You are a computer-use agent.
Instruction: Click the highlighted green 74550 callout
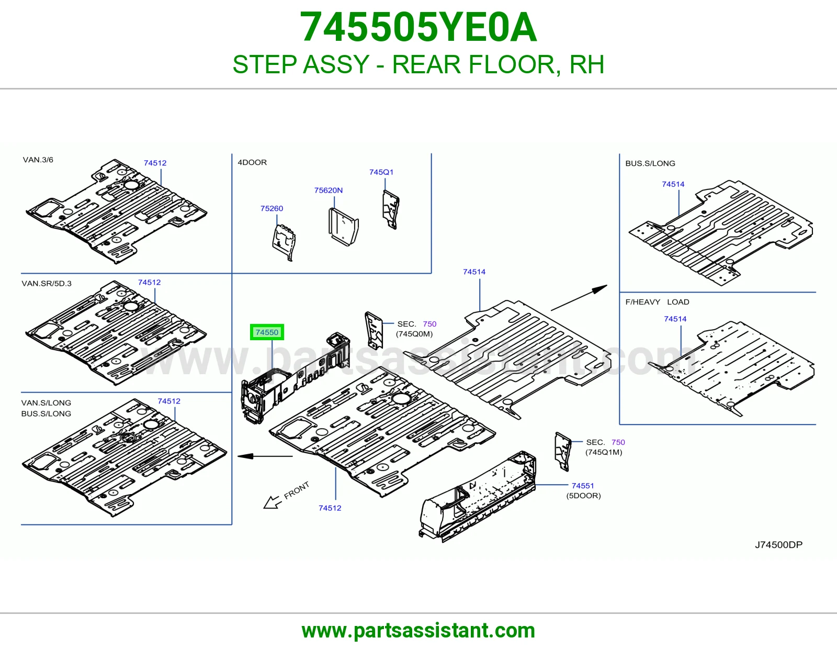[x=267, y=332]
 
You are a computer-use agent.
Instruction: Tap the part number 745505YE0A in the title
[x=418, y=27]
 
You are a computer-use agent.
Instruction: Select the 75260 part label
[x=272, y=208]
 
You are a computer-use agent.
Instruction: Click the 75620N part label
[x=328, y=191]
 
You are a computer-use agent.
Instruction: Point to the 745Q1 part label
[x=381, y=172]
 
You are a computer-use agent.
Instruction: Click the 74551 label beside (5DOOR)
[x=583, y=486]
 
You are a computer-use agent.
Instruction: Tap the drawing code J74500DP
[x=778, y=544]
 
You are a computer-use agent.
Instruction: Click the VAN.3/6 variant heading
[x=38, y=160]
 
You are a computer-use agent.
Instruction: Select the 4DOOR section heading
[x=252, y=162]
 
